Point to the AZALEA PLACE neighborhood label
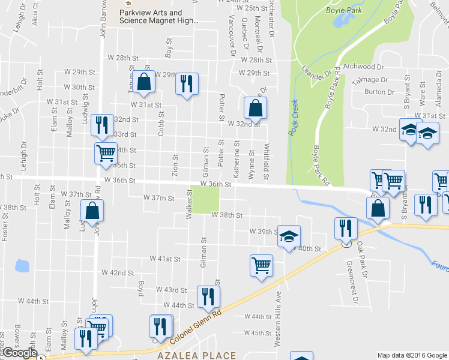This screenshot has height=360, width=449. pyautogui.click(x=197, y=355)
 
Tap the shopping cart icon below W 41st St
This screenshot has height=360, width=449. pyautogui.click(x=261, y=265)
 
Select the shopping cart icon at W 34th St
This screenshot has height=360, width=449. pyautogui.click(x=106, y=153)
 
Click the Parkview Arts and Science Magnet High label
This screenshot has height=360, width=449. pyautogui.click(x=159, y=16)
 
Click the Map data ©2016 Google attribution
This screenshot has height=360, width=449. pyautogui.click(x=412, y=355)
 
